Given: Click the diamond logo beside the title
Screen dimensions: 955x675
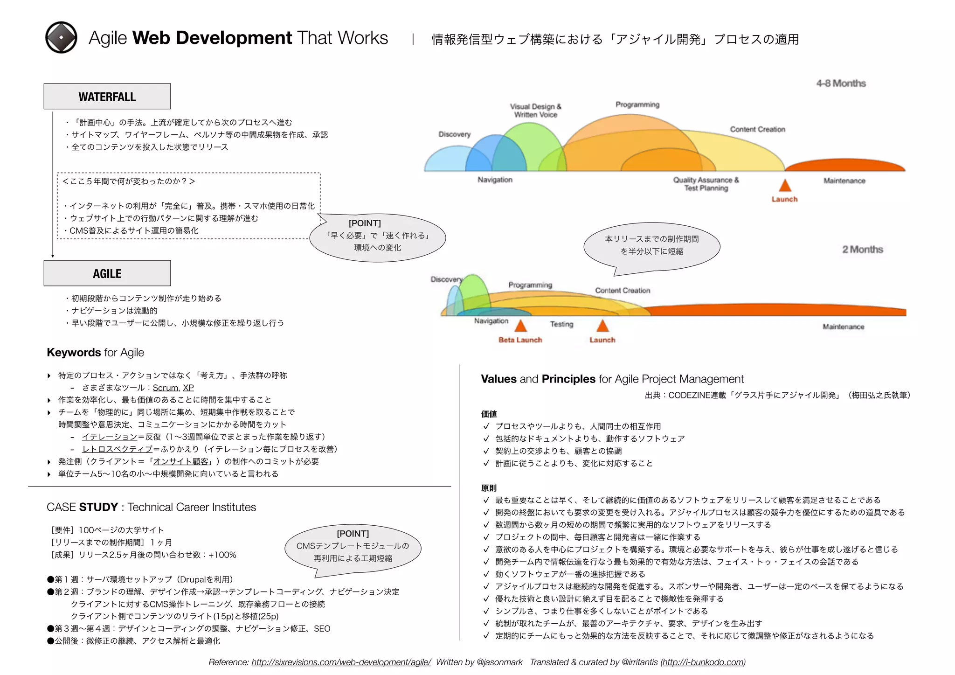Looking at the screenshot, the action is [61, 37].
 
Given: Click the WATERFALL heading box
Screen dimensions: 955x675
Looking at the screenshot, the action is [107, 97].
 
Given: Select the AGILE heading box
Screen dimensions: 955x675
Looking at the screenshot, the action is [107, 273].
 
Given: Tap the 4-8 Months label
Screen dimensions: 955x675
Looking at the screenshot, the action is [841, 84].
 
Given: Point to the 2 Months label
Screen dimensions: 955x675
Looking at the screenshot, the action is [862, 250].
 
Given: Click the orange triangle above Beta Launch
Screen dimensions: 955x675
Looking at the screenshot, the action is [520, 326].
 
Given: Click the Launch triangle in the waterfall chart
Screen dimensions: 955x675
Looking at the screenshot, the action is [785, 186].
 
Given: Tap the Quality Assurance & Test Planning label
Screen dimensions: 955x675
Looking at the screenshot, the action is [706, 184].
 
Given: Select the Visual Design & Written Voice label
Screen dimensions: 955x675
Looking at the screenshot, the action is [536, 111].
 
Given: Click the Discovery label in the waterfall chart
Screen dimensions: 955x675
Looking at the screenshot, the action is [454, 134].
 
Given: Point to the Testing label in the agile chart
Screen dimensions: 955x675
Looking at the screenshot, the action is [561, 324].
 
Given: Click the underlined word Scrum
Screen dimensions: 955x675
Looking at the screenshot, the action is [166, 388].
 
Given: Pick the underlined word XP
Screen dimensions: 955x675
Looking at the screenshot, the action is [188, 388].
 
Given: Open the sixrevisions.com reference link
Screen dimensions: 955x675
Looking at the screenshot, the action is [341, 662].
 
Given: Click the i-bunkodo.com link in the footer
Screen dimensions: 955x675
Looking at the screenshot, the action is [703, 662].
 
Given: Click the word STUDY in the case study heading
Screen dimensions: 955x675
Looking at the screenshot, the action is [98, 507].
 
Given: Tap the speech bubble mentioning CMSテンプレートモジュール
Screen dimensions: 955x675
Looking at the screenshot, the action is [353, 546].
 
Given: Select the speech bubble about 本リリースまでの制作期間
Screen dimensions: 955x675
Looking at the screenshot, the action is [652, 245].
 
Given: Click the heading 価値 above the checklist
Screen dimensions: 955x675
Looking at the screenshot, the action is [489, 414].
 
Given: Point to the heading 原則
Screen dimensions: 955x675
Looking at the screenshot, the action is [489, 488].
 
